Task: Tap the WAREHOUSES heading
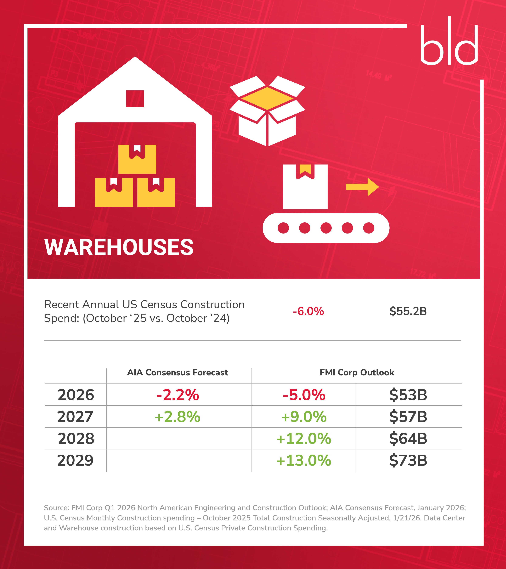[x=119, y=247]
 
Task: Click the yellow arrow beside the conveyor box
[x=362, y=187]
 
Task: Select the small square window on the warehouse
[x=135, y=98]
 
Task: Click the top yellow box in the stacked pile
[x=137, y=159]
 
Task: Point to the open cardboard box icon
[x=267, y=111]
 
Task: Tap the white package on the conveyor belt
[x=305, y=187]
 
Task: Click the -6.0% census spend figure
[x=308, y=311]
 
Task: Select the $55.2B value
[x=408, y=311]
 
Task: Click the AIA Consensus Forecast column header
[x=177, y=373]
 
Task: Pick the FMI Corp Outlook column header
[x=357, y=373]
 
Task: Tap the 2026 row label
[x=76, y=395]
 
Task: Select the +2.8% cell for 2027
[x=177, y=417]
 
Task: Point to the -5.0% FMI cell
[x=304, y=395]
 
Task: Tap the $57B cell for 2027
[x=408, y=417]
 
